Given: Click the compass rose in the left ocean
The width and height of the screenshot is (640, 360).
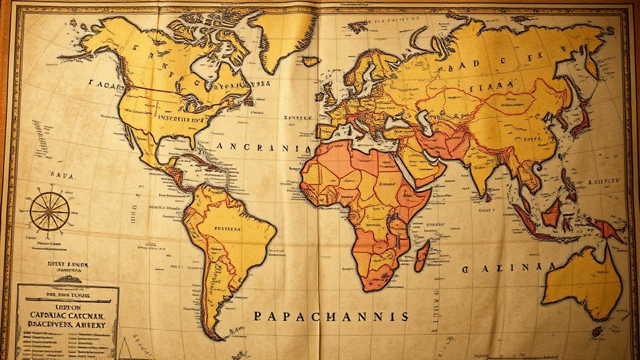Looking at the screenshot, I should coord(49,211).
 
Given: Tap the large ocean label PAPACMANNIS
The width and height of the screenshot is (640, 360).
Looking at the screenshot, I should coord(331,316).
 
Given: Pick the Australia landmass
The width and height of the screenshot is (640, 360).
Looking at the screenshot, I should coord(581,281).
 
